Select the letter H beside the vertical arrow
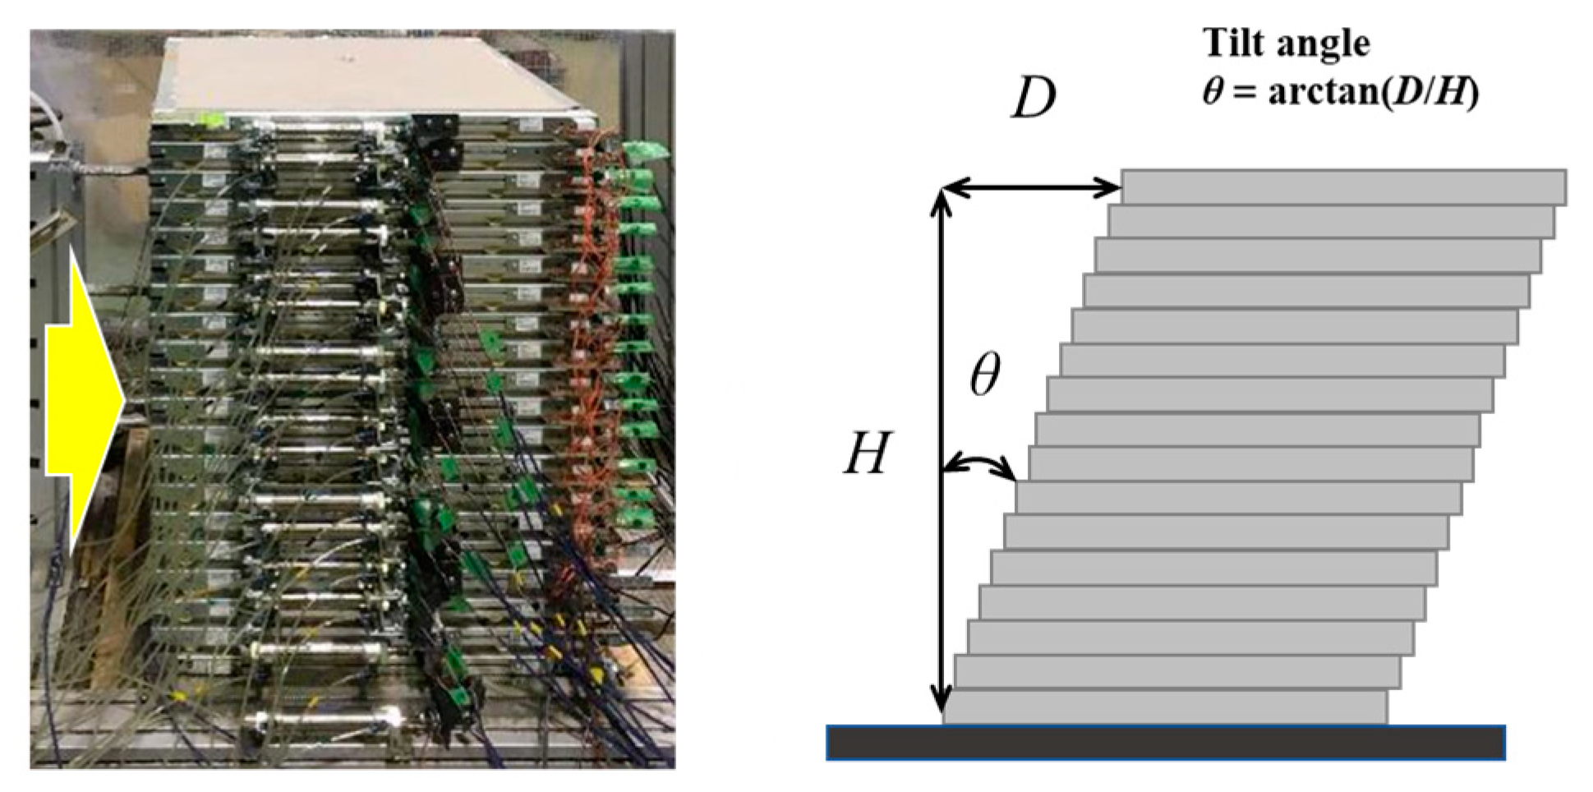(x=867, y=453)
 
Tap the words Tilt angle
(x=1286, y=43)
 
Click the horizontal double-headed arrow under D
(x=1031, y=189)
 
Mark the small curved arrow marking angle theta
(x=981, y=467)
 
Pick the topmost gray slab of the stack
(x=1343, y=187)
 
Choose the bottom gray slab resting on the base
(x=1165, y=707)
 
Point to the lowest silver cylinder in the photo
(x=329, y=721)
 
